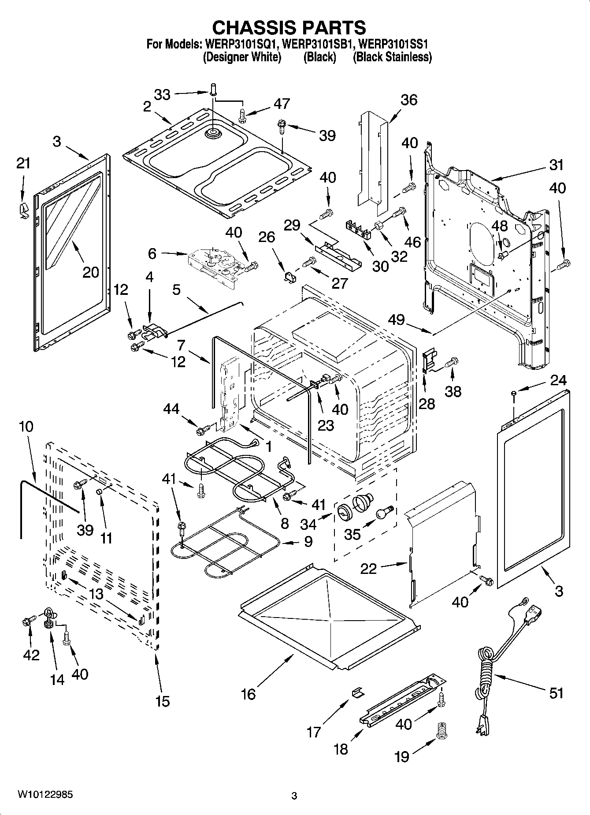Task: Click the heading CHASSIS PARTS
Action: [289, 27]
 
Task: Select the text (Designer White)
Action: [242, 57]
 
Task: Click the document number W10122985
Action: [45, 794]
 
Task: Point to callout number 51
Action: [556, 693]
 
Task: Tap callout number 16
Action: [248, 694]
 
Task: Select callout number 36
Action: [408, 100]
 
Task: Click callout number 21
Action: [23, 163]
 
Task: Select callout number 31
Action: [556, 165]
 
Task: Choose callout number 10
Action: [26, 427]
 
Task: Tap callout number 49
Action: [397, 320]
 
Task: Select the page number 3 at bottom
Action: [294, 796]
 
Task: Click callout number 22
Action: [368, 568]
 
